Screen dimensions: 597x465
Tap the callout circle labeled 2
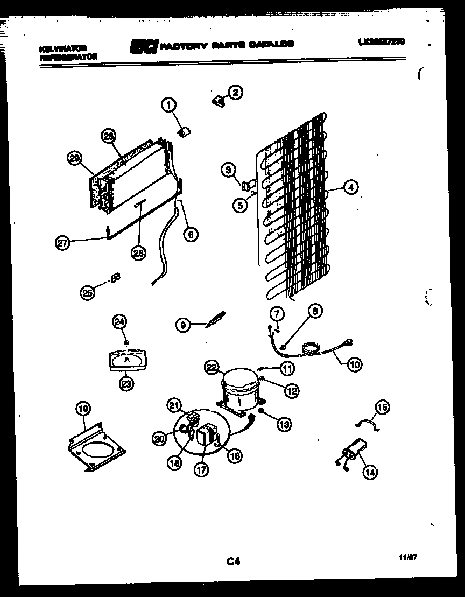click(x=235, y=92)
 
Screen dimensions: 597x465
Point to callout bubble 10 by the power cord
click(x=354, y=364)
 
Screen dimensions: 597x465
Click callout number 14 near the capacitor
click(x=369, y=472)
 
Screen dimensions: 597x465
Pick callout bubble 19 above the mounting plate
click(x=83, y=409)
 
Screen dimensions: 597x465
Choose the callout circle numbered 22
click(x=212, y=368)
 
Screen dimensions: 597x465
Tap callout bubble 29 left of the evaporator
click(x=75, y=158)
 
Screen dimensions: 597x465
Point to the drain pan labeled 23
click(x=126, y=360)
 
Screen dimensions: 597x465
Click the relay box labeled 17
click(x=206, y=436)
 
